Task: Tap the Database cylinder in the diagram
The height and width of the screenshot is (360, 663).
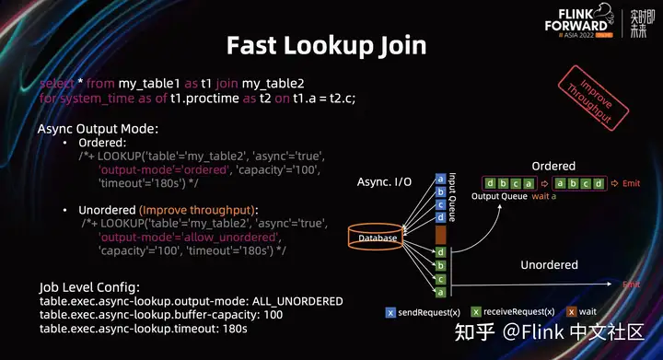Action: point(378,237)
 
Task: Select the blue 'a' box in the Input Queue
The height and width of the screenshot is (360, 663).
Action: point(441,179)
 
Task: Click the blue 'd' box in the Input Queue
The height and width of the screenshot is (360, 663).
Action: point(441,217)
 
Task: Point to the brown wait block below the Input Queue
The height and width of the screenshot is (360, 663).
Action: point(441,235)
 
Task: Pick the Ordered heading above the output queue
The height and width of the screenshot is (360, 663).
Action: point(553,166)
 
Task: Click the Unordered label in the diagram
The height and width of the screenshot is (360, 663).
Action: point(550,265)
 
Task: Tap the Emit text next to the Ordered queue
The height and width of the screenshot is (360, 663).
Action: point(631,182)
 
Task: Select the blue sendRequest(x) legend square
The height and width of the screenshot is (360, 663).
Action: point(390,312)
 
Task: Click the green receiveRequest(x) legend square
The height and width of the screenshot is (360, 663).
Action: point(476,312)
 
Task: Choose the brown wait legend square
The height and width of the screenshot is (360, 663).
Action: point(571,312)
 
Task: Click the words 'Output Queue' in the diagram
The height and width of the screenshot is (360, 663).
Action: point(499,197)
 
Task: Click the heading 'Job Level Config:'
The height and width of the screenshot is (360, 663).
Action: point(90,286)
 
